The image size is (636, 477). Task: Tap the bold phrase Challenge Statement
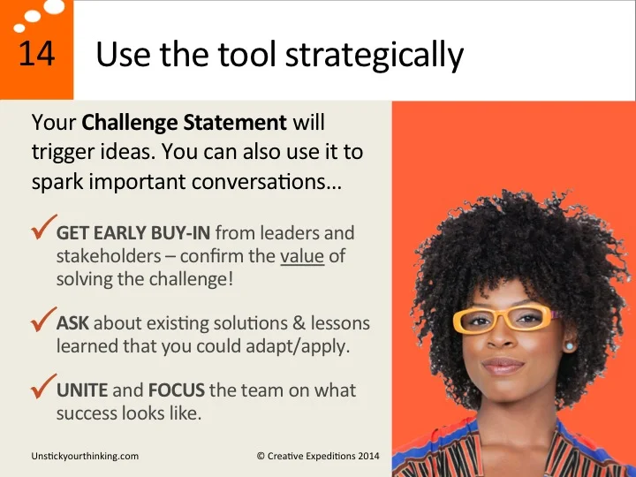point(184,122)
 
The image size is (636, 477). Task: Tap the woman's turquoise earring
point(568,346)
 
